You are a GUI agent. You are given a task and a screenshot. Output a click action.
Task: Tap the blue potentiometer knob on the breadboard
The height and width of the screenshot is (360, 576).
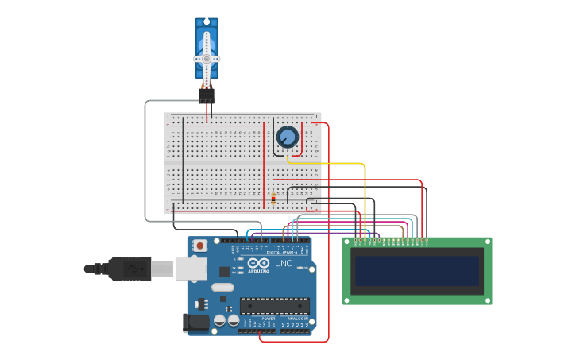(287, 137)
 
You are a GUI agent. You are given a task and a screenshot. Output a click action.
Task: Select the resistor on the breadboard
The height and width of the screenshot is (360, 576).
(273, 198)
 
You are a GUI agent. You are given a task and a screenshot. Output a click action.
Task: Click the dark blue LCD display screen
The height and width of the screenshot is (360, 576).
(417, 271)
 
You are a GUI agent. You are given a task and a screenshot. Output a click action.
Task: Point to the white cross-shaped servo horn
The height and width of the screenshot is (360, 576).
(207, 60)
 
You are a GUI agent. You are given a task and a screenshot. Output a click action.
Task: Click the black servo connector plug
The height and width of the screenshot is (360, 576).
(207, 95)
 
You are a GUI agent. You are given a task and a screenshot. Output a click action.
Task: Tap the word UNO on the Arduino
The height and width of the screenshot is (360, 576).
(284, 264)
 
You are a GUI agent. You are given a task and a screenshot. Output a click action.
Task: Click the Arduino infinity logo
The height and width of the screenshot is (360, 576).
(259, 264)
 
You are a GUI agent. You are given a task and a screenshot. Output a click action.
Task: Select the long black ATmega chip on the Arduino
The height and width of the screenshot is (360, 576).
(275, 305)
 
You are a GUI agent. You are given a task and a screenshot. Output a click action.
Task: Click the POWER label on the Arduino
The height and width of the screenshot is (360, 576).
(269, 318)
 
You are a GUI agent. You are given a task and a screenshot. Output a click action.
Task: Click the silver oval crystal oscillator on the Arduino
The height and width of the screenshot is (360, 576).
(222, 287)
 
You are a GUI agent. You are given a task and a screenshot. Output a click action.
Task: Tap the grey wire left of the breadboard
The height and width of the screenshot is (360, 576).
(145, 159)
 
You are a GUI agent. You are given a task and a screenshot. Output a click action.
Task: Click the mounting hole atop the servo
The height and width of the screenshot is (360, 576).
(207, 22)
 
